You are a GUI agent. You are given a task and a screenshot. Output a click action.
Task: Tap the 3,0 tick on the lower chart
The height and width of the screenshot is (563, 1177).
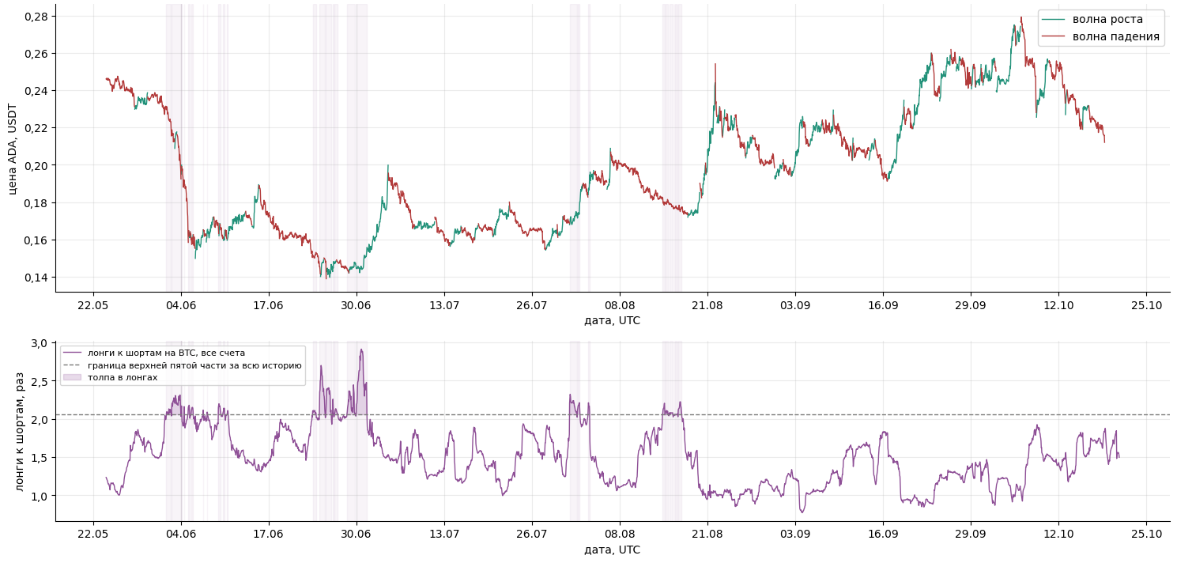click(39, 343)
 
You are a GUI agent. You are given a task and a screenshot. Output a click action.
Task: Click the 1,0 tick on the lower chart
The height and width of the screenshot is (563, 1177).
click(39, 497)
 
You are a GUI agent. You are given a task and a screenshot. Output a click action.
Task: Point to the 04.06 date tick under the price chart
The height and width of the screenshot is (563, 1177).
click(181, 305)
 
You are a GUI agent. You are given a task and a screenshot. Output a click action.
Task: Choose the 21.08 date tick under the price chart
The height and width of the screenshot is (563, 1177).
click(707, 305)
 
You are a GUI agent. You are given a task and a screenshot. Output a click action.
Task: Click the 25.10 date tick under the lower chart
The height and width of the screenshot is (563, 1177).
click(1146, 535)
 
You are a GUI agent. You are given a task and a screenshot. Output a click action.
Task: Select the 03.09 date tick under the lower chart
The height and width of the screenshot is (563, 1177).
click(795, 535)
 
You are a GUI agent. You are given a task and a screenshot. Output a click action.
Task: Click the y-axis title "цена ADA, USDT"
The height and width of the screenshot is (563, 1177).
click(13, 149)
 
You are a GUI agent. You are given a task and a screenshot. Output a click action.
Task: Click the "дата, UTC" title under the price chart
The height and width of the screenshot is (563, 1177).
click(612, 321)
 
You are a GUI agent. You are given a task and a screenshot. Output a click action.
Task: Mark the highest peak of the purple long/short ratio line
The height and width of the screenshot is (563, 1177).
click(361, 350)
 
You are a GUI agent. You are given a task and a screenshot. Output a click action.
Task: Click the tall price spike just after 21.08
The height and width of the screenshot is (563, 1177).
click(715, 65)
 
